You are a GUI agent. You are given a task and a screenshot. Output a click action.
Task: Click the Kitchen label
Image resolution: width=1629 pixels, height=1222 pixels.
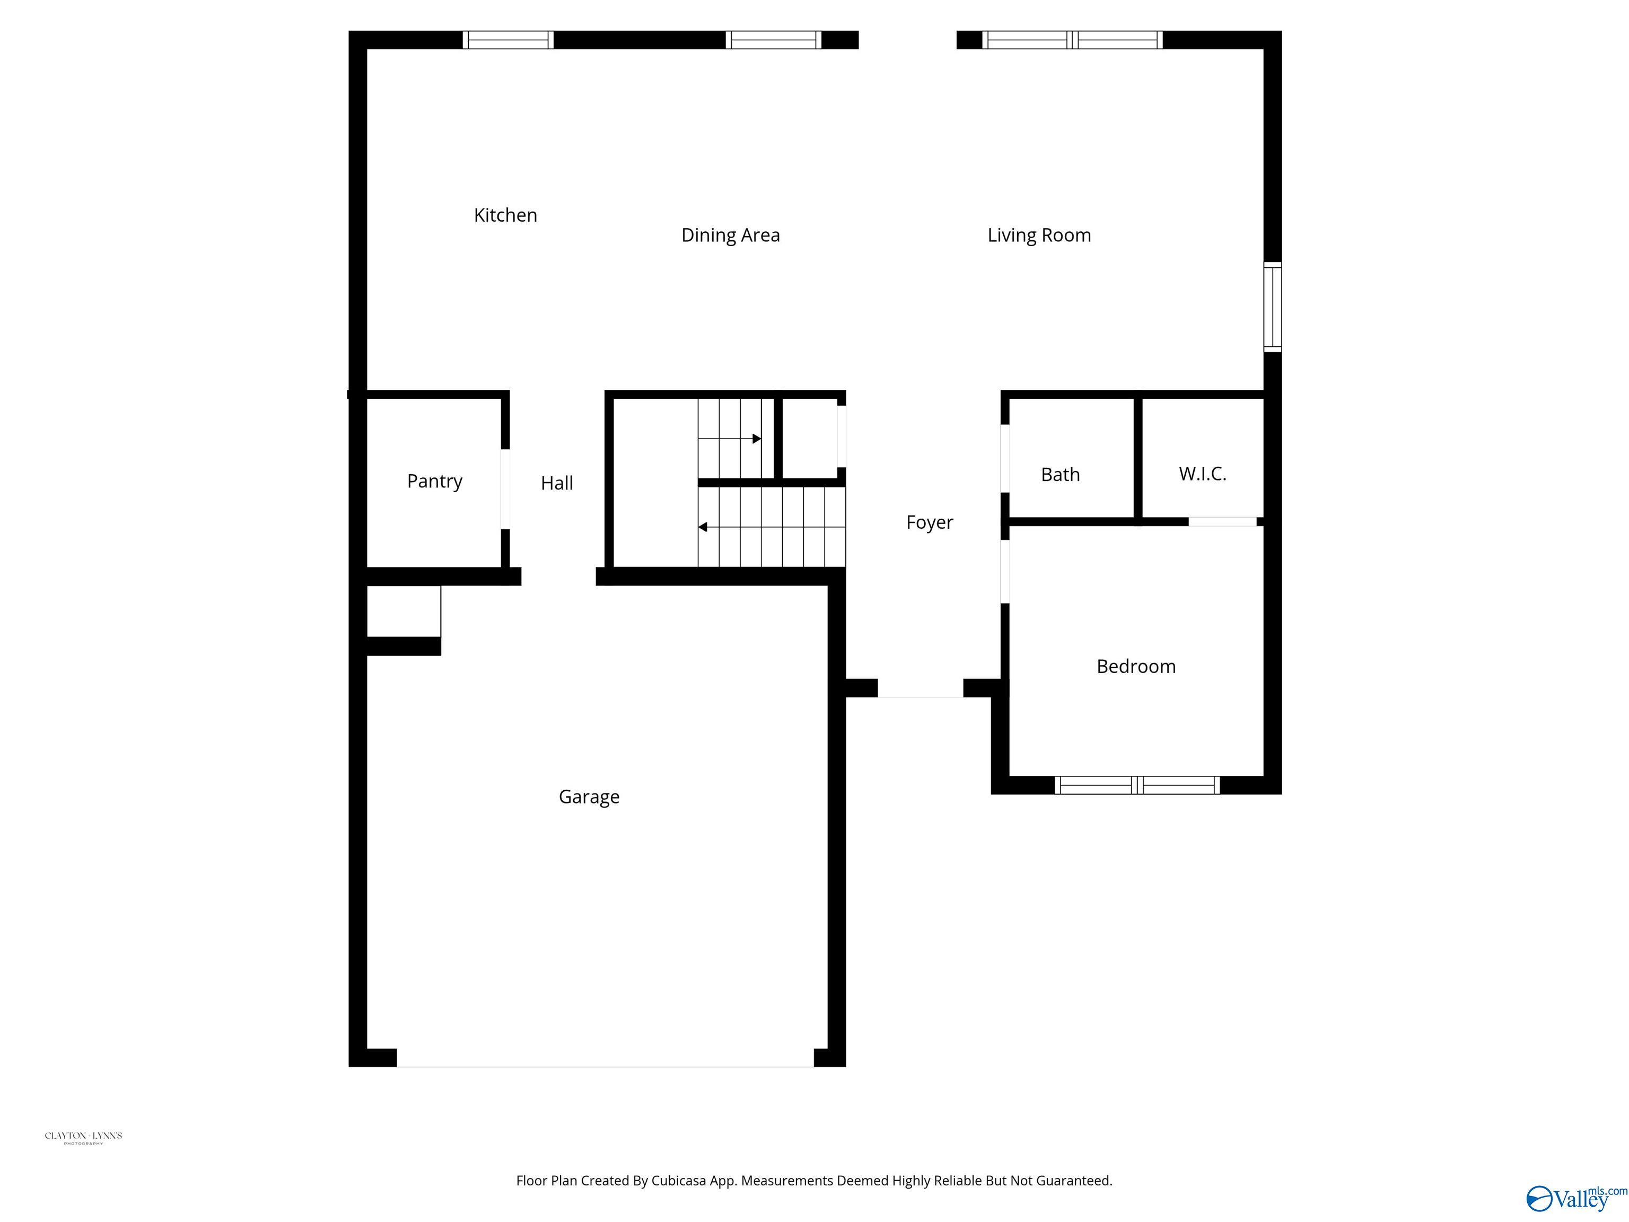505,215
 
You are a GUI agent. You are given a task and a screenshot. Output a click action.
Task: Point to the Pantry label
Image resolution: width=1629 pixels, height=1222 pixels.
434,481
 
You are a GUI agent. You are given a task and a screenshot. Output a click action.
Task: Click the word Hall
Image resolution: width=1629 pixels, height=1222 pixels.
557,483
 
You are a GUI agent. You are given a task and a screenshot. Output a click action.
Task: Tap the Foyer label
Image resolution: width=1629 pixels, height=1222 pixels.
930,522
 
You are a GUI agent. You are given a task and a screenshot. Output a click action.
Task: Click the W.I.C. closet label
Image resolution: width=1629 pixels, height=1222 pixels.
1202,474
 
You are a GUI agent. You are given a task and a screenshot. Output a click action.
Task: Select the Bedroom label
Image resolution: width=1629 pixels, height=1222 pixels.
1136,667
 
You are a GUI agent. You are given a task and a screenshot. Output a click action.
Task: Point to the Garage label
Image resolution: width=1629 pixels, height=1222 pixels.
589,797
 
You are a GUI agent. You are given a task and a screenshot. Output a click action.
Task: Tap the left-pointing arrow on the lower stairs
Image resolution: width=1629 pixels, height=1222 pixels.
703,527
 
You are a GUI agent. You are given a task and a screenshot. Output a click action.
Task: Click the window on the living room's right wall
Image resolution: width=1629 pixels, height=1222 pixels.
1273,307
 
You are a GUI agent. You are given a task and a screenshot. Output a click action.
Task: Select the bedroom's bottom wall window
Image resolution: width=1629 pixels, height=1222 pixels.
1136,785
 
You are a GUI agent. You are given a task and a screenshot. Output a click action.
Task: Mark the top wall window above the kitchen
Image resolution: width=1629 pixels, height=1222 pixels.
508,40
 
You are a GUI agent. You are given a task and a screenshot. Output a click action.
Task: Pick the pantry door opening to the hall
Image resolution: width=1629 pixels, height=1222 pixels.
505,488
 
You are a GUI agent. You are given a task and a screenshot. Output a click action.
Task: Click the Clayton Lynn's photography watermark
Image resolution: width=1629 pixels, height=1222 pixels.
83,1137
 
